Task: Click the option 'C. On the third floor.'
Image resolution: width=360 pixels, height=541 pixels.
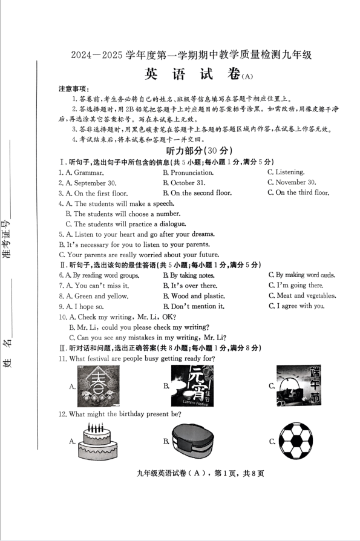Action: [x=298, y=193]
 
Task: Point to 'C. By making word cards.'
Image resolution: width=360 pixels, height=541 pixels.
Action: [x=301, y=275]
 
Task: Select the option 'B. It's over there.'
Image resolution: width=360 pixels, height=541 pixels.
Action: [x=190, y=286]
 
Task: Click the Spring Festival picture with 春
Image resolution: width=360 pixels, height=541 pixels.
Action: [x=98, y=386]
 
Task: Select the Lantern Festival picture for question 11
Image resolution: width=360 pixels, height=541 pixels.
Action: [x=192, y=386]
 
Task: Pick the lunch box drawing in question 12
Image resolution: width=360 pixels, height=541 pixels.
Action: [x=193, y=442]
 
